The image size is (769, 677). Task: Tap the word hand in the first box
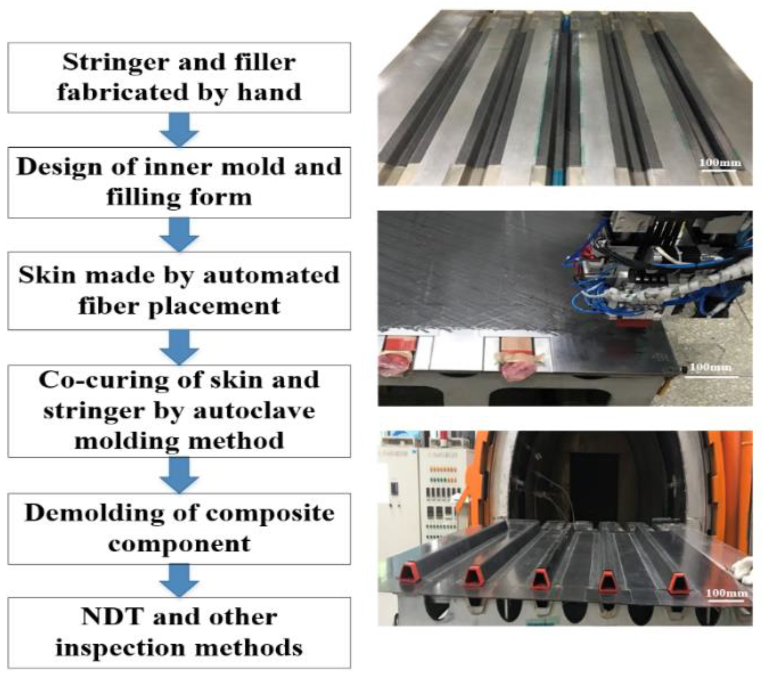pos(269,92)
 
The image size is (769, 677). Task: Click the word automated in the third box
pos(271,275)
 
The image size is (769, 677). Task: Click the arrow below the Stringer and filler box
pos(179,129)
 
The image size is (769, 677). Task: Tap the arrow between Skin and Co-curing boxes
pos(179,347)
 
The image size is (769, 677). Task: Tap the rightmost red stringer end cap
pos(678,585)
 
